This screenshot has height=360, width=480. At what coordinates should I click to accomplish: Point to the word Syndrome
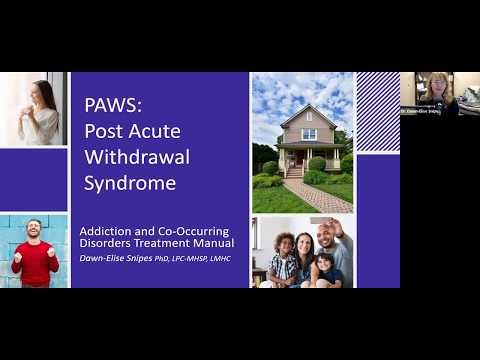[x=130, y=184]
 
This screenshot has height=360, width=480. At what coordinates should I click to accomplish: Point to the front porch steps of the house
[x=295, y=172]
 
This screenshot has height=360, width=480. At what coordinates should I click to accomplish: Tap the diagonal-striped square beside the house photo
[x=378, y=110]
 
